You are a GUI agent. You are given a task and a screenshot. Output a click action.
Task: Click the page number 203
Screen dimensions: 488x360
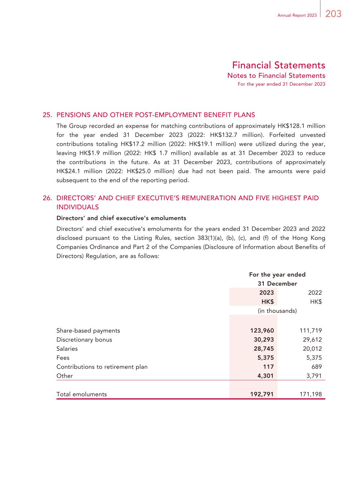click(x=334, y=14)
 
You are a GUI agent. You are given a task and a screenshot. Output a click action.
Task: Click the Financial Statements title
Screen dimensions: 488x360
click(x=278, y=65)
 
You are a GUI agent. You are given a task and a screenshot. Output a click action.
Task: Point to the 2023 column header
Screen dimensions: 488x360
click(x=267, y=292)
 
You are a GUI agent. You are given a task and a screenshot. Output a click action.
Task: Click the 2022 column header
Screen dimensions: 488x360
click(x=315, y=292)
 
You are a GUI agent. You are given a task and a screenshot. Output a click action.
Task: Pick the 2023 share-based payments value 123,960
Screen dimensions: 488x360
click(x=262, y=331)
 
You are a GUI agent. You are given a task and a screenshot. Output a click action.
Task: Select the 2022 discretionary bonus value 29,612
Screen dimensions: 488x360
click(x=310, y=340)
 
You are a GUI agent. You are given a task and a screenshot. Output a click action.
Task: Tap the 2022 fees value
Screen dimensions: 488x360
click(x=314, y=358)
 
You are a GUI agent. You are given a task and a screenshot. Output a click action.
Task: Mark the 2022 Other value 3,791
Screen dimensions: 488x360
click(x=314, y=376)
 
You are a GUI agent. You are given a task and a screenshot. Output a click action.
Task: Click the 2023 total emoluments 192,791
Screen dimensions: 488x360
click(x=262, y=394)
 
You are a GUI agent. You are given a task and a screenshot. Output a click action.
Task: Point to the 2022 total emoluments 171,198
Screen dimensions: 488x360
click(x=310, y=394)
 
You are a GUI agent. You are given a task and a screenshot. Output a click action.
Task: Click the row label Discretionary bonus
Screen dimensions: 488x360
click(x=84, y=340)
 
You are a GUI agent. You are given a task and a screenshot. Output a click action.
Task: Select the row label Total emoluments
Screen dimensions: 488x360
click(x=82, y=394)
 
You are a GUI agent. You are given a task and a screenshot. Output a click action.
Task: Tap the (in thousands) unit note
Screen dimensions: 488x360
click(x=277, y=311)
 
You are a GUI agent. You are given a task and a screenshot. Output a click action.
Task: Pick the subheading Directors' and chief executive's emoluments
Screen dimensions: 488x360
click(x=121, y=218)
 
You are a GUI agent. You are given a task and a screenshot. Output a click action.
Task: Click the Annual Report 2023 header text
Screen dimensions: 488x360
click(x=297, y=15)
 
